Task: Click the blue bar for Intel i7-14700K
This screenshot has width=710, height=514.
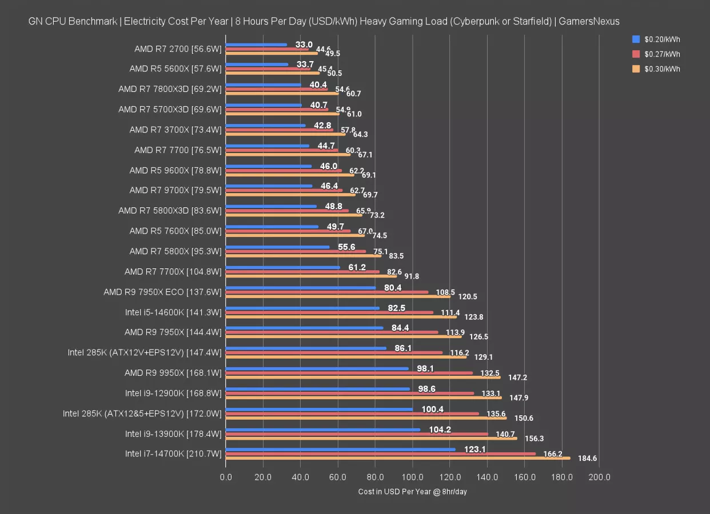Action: coord(341,449)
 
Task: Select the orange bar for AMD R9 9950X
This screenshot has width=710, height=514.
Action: coord(363,377)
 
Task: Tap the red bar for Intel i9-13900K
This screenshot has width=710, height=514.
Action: coord(357,434)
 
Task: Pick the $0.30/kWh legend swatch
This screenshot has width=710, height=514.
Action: coord(636,69)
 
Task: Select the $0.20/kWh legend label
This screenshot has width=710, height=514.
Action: coord(662,39)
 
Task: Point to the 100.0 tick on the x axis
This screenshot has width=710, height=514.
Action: coord(412,477)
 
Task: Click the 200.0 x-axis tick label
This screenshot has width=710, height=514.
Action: coord(599,477)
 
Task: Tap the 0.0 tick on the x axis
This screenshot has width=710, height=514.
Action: coord(226,477)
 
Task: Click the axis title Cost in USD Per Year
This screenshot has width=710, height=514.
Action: coord(412,492)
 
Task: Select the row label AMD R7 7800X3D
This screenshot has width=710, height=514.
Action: coord(170,89)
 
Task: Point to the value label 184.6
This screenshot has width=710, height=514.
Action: coord(587,458)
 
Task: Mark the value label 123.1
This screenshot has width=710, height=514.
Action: coord(474,449)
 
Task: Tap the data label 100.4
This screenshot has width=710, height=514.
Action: coord(432,409)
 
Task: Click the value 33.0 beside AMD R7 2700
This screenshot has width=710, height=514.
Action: coord(304,45)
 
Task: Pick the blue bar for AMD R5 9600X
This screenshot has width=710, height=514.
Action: coord(269,166)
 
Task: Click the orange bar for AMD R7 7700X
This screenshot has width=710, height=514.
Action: coord(311,276)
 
